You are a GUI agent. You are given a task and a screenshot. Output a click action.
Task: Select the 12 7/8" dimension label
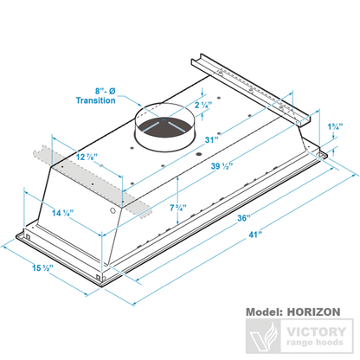tap(87, 157)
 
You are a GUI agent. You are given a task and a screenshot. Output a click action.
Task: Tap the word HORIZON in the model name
tap(312, 309)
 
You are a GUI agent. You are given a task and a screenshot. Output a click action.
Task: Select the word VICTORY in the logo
tap(316, 330)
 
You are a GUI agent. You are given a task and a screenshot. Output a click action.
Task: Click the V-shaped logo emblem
tap(263, 336)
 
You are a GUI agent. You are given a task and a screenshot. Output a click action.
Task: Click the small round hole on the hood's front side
tap(113, 210)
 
